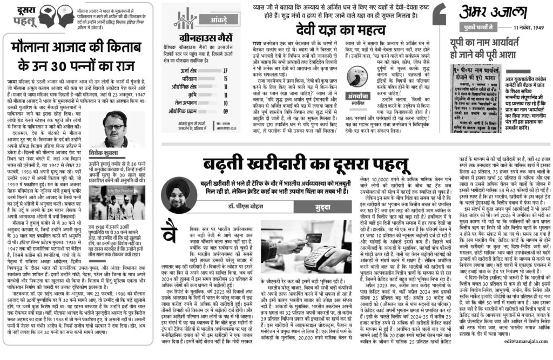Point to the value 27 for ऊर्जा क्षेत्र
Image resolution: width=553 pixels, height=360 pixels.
(240, 70)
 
